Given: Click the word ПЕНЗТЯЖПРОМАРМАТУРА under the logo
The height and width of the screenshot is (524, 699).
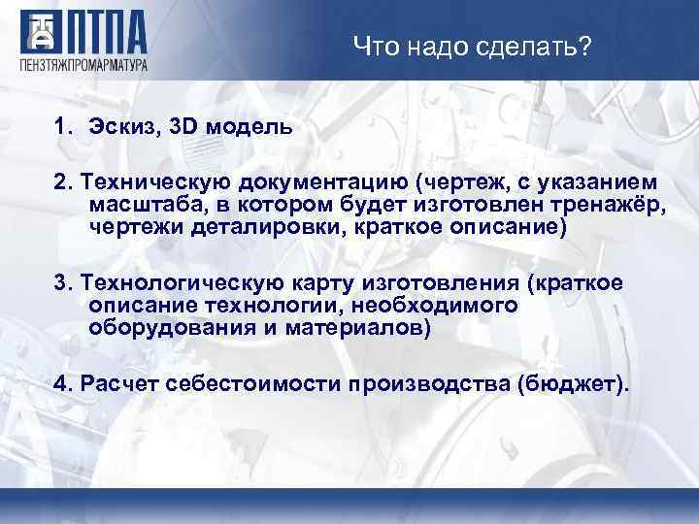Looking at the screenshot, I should (83, 65).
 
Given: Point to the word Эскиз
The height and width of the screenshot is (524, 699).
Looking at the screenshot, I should (120, 127).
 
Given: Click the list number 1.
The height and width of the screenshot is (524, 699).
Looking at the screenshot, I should (62, 127).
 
